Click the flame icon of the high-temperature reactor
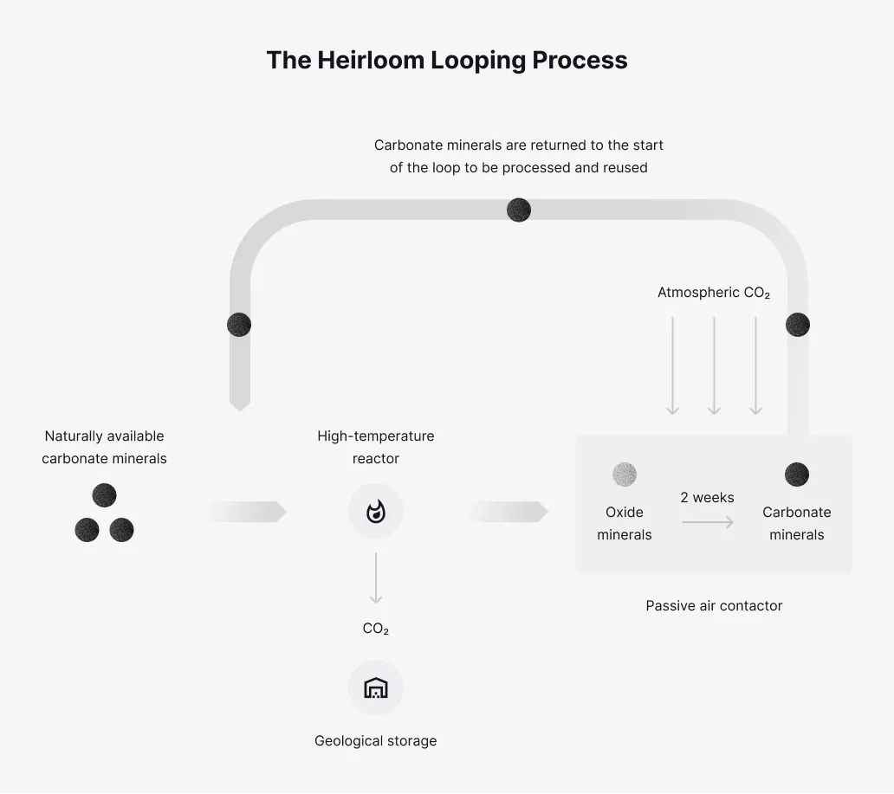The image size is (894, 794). click(x=375, y=512)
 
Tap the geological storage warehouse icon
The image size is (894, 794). click(x=375, y=687)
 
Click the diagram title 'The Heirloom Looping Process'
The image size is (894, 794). click(x=447, y=60)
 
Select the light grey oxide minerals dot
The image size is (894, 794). click(x=624, y=474)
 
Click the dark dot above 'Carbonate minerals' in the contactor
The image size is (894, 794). click(x=796, y=474)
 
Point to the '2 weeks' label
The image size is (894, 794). click(x=707, y=498)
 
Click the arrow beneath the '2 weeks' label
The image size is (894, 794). click(x=707, y=522)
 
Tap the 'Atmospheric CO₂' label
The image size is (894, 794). click(x=713, y=293)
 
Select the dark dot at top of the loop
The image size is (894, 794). click(x=518, y=210)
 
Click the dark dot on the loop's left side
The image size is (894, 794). click(x=239, y=325)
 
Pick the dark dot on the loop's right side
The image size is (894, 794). click(x=797, y=325)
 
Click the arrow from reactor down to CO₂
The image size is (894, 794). click(x=375, y=578)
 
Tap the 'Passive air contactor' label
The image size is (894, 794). click(x=714, y=606)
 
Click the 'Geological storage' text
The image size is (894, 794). click(x=375, y=741)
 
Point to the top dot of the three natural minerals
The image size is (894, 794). click(x=104, y=495)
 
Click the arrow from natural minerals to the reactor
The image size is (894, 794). click(x=247, y=512)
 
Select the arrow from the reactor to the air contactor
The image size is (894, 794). click(x=509, y=512)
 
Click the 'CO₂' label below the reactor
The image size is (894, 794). click(x=375, y=629)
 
